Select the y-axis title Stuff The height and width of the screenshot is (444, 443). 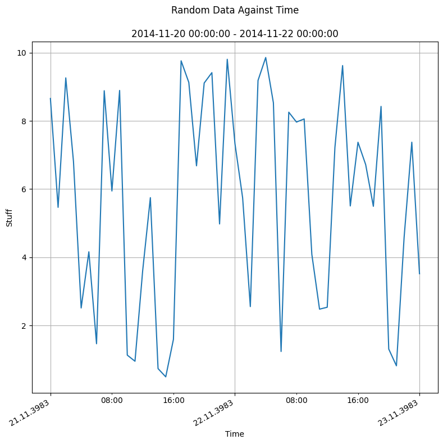pyautogui.click(x=9, y=217)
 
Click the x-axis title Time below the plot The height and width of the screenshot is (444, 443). pyautogui.click(x=235, y=434)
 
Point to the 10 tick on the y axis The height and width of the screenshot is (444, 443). pyautogui.click(x=24, y=53)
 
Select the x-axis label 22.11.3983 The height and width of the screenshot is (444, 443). pyautogui.click(x=216, y=413)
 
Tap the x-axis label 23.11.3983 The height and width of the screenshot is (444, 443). pyautogui.click(x=401, y=413)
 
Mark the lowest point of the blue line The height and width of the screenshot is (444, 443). pyautogui.click(x=166, y=377)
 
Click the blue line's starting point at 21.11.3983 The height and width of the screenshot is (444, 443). pyautogui.click(x=51, y=98)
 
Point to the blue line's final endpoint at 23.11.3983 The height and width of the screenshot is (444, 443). pyautogui.click(x=419, y=274)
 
